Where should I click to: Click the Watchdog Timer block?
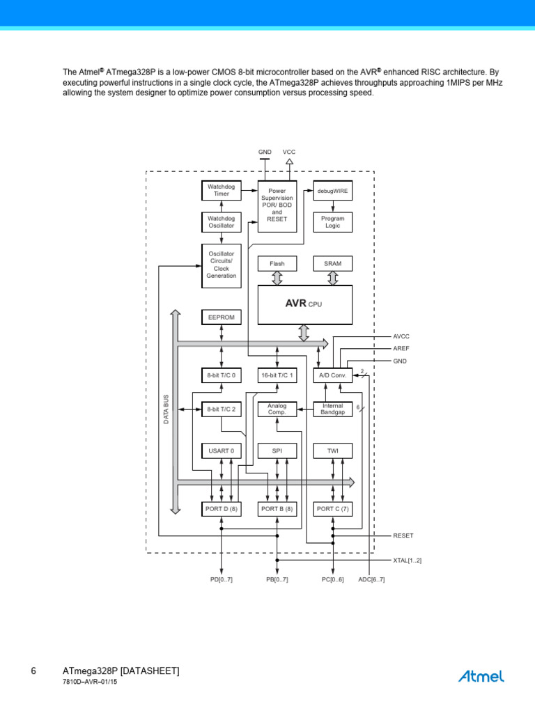(x=221, y=191)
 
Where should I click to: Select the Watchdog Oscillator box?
(x=221, y=222)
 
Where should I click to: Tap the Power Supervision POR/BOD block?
(x=277, y=206)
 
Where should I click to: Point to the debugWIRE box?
(x=332, y=191)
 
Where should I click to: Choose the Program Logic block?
(x=332, y=222)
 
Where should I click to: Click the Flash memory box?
(x=277, y=264)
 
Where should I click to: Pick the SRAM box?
(x=332, y=264)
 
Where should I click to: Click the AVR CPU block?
(x=305, y=305)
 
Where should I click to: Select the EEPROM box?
(x=221, y=318)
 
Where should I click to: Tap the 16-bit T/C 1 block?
(x=277, y=375)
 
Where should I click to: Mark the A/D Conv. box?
(x=332, y=375)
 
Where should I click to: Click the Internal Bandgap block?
(x=332, y=409)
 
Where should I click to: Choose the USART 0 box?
(x=221, y=451)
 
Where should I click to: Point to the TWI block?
(x=332, y=451)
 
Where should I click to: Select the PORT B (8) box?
(x=277, y=509)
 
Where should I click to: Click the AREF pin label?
(x=401, y=348)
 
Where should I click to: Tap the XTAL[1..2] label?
(x=407, y=561)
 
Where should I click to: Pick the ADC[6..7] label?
(x=371, y=580)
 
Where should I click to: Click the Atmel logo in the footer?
(x=481, y=676)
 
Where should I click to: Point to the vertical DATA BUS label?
(x=166, y=409)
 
